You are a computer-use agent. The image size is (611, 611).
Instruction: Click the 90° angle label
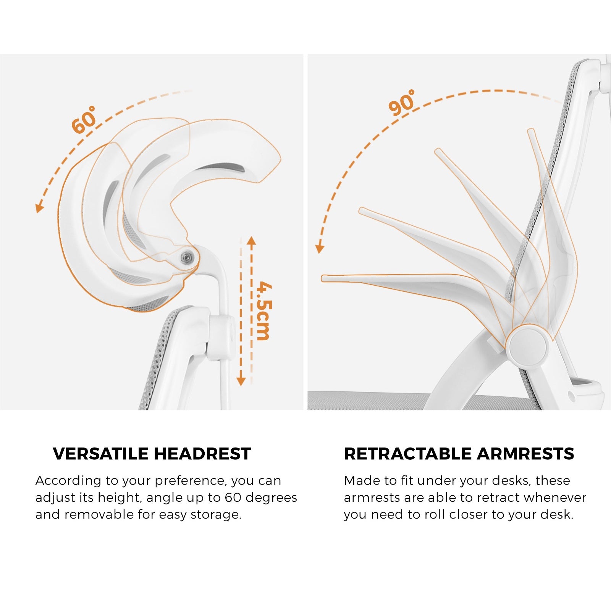(402, 102)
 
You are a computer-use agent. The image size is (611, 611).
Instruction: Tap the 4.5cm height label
(263, 311)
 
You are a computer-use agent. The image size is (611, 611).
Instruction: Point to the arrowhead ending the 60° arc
(39, 208)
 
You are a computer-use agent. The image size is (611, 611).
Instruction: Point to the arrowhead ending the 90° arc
(319, 249)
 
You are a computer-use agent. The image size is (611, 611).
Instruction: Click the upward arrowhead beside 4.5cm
(251, 241)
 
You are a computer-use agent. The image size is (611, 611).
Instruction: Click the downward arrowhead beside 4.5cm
(241, 381)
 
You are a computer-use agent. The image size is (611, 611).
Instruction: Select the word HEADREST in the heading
(202, 454)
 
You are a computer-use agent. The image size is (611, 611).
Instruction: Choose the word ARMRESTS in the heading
(525, 454)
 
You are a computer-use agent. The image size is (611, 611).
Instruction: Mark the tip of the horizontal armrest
(323, 278)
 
